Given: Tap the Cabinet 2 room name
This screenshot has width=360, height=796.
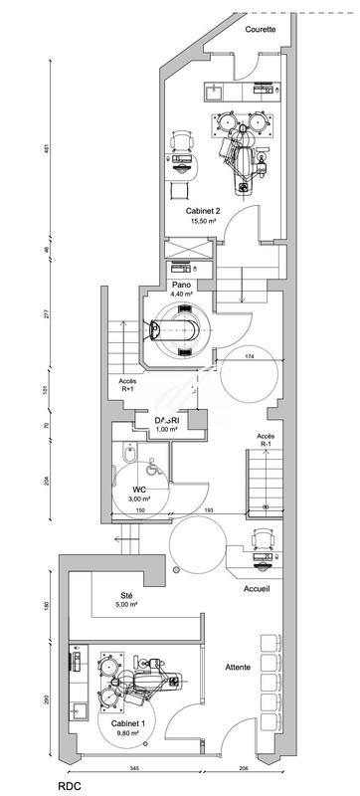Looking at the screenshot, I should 202,212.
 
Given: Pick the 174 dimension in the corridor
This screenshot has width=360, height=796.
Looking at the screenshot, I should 249,355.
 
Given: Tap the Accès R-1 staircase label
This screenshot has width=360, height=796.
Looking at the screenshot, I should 266,440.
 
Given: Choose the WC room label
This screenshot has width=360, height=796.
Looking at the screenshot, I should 139,490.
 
